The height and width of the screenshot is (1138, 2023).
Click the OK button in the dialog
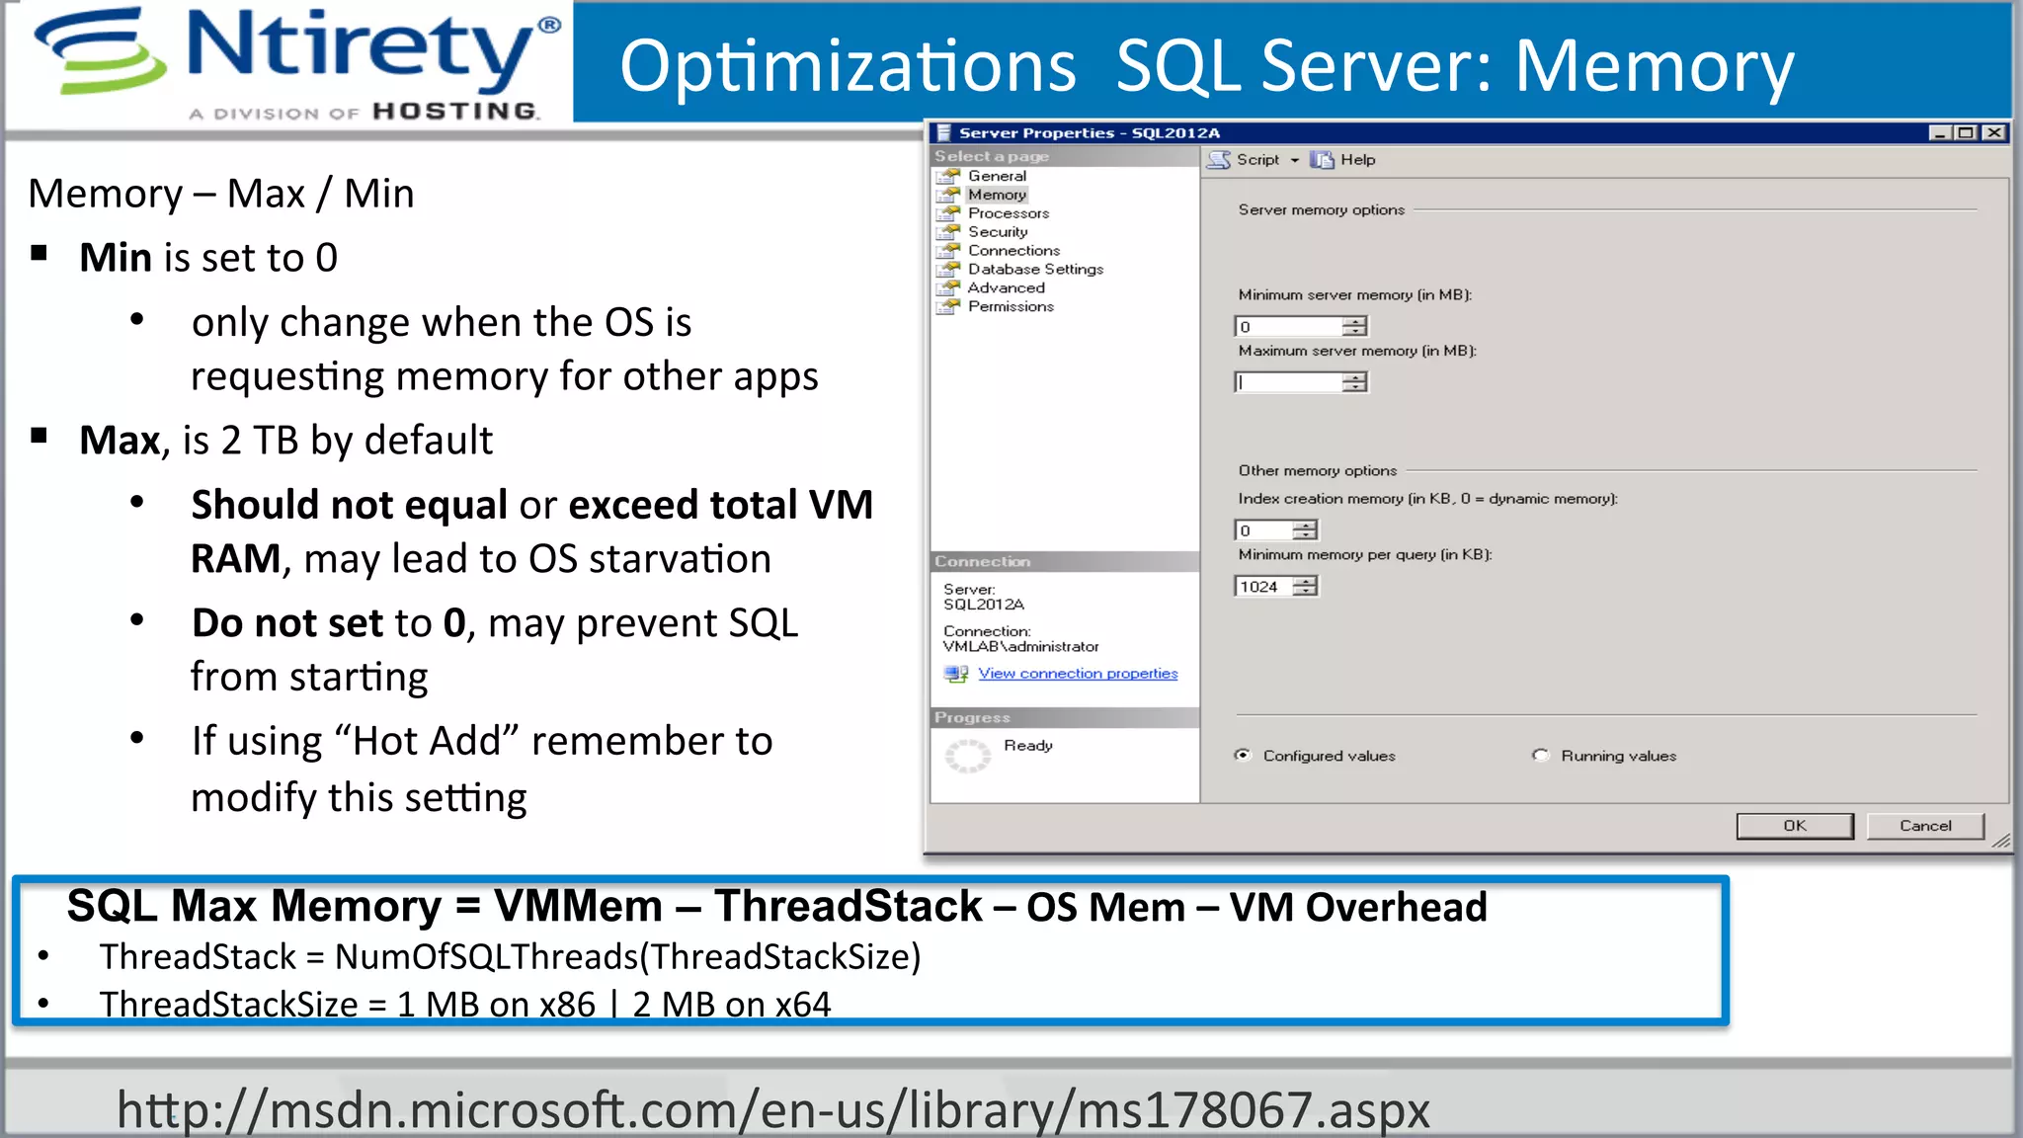[x=1794, y=826]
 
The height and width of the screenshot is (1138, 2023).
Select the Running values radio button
[x=1541, y=756]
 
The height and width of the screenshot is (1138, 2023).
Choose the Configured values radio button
[x=1243, y=756]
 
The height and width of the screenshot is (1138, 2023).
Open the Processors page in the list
[x=1008, y=213]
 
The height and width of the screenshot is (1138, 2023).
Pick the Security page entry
[x=998, y=232]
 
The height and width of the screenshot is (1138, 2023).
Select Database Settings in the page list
[x=1035, y=270]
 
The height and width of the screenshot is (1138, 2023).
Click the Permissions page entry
[x=1011, y=307]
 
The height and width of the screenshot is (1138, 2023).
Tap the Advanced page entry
[x=1006, y=288]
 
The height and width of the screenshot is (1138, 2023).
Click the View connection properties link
[x=1078, y=674]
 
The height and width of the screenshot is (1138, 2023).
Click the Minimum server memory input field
[x=1288, y=327]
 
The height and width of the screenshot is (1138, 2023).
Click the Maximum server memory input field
[x=1288, y=382]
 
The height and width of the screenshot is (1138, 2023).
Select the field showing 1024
[x=1261, y=587]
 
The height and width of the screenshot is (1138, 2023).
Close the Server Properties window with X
[x=1994, y=133]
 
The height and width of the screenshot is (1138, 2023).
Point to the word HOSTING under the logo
[x=454, y=112]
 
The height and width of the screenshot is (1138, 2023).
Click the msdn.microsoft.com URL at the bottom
[x=772, y=1109]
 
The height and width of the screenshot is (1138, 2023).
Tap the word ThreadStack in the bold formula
[x=848, y=907]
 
